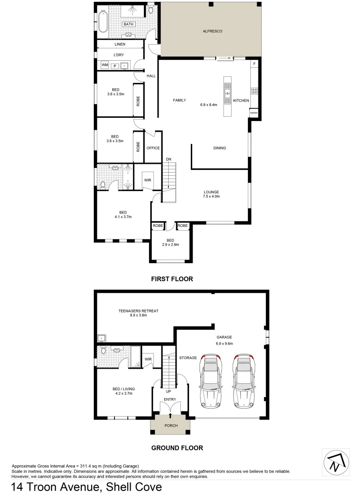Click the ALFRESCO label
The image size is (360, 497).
pos(213,31)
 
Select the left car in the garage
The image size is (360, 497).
pos(210,381)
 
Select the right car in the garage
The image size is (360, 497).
pos(244,381)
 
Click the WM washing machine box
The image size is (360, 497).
pos(105,66)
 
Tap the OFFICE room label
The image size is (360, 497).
pos(153,148)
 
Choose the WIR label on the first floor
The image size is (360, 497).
pos(148,180)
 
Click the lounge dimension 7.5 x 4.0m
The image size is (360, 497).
pos(212,196)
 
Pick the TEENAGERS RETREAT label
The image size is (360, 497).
pos(138,311)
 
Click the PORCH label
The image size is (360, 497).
pos(171,426)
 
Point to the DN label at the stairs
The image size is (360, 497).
pos(169,160)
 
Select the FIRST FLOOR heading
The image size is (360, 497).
pos(172,279)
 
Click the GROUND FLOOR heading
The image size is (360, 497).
pos(177,447)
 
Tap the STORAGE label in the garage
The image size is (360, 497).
pos(188,358)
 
